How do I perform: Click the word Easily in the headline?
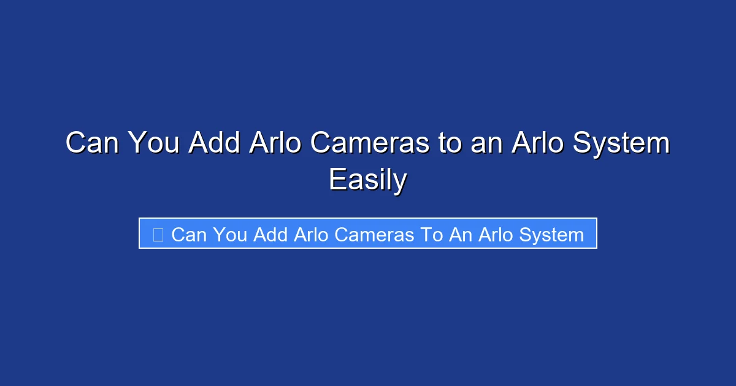click(x=367, y=180)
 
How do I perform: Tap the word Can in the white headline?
click(x=91, y=143)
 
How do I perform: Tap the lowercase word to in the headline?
click(x=450, y=143)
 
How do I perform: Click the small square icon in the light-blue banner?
click(x=158, y=234)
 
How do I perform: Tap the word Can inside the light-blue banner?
click(x=190, y=234)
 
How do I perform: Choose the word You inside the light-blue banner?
click(x=231, y=234)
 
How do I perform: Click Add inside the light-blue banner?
click(x=270, y=234)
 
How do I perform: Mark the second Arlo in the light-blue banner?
click(x=493, y=234)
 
